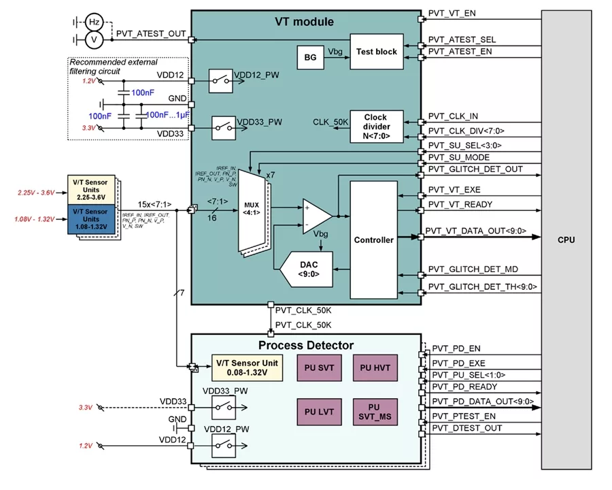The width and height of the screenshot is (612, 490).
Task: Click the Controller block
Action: point(373,240)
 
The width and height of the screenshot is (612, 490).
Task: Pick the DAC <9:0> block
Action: point(305,269)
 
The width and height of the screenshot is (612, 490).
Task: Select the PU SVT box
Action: point(316,368)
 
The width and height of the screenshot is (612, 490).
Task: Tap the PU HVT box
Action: point(370,368)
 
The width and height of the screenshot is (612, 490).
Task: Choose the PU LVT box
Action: point(316,411)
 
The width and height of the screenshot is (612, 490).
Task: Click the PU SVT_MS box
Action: point(370,411)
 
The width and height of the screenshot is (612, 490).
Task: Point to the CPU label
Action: point(566,240)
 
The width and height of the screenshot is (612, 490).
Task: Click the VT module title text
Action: point(304,22)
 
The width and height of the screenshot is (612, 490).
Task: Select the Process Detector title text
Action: point(306,345)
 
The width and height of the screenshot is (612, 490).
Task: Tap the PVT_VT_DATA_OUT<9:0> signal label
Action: point(476,231)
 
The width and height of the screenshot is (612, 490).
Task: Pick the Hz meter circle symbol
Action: point(95,22)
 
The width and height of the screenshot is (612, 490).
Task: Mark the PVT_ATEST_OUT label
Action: point(151,33)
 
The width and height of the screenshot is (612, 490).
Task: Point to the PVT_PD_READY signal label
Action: point(464,387)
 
